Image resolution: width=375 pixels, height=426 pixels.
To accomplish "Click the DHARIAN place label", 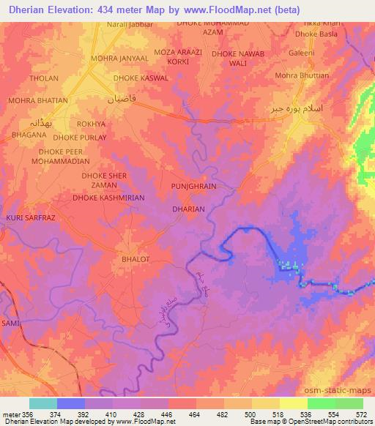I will click(187, 209).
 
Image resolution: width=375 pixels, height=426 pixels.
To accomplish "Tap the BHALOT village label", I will click(134, 259).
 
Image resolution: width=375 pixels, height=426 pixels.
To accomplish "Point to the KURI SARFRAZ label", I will click(31, 218).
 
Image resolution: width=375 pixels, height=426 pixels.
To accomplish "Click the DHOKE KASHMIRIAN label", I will click(108, 198).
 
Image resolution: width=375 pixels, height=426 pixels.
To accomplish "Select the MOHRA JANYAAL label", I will click(119, 58).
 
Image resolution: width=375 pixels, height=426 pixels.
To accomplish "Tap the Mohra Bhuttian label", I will click(301, 75).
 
